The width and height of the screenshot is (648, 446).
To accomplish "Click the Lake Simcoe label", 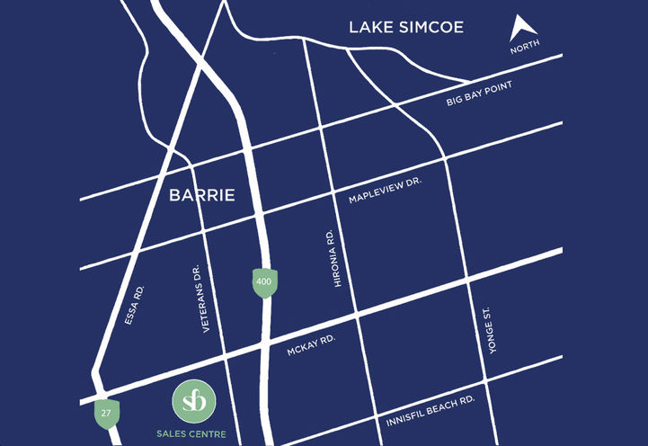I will pos(406,28).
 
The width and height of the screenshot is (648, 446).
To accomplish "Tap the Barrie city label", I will pos(202,194).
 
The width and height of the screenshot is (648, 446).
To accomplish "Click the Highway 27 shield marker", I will pos(107,413).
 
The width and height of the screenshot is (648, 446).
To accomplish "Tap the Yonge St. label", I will pos(489,332).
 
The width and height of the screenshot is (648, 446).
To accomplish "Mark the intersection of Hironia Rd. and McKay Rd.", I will pos(357,317).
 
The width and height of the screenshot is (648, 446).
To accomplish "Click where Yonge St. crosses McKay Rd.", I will pos(469,282).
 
